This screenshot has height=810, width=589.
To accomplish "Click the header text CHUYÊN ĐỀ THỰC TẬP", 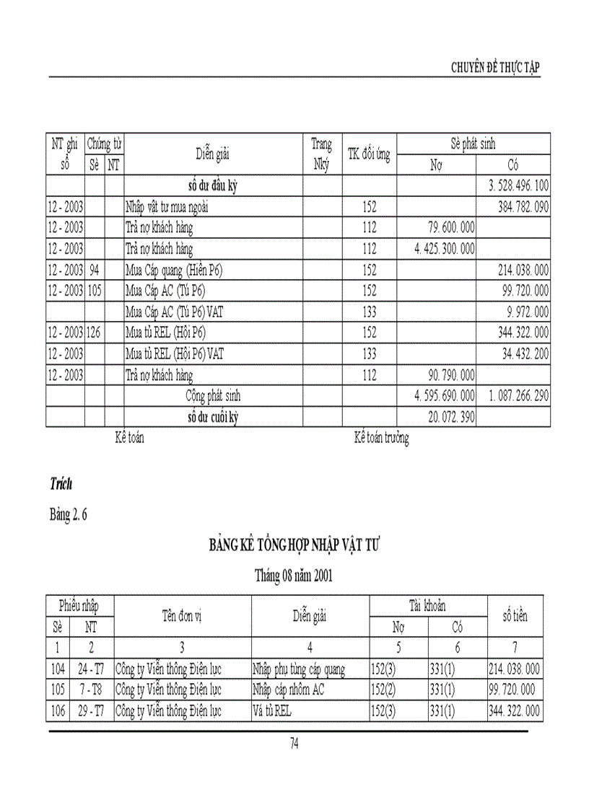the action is tap(495, 68).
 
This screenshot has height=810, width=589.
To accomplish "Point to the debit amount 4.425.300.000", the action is tap(444, 249).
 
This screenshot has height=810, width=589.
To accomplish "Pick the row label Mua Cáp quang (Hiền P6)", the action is tap(173, 270).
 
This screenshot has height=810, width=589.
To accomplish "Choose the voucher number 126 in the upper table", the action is tap(95, 333).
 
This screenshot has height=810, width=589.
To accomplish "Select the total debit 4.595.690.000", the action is tap(444, 396).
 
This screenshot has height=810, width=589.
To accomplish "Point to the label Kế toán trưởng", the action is tap(381, 438).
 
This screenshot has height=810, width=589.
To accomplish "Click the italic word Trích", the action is tap(61, 483).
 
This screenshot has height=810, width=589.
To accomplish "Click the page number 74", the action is tap(294, 744).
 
